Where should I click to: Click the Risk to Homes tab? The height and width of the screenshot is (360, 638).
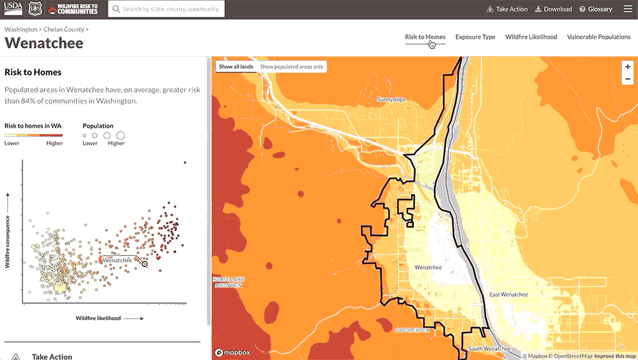425,37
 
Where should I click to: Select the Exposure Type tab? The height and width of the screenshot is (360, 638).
475,37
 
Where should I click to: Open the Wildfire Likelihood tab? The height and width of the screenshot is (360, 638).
531,37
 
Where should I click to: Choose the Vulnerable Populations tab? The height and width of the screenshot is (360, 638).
598,37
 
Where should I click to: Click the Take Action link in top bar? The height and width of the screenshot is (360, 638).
507,9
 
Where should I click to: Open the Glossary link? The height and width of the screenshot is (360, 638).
596,9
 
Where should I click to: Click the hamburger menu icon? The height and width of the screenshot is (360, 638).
626,9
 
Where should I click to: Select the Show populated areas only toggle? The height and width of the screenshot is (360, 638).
292,67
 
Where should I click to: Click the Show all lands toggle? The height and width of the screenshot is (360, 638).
236,67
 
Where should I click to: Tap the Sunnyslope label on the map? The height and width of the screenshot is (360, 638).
391,99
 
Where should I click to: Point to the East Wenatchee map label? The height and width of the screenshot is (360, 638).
508,295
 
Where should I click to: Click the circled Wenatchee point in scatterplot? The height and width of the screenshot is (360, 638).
145,264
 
